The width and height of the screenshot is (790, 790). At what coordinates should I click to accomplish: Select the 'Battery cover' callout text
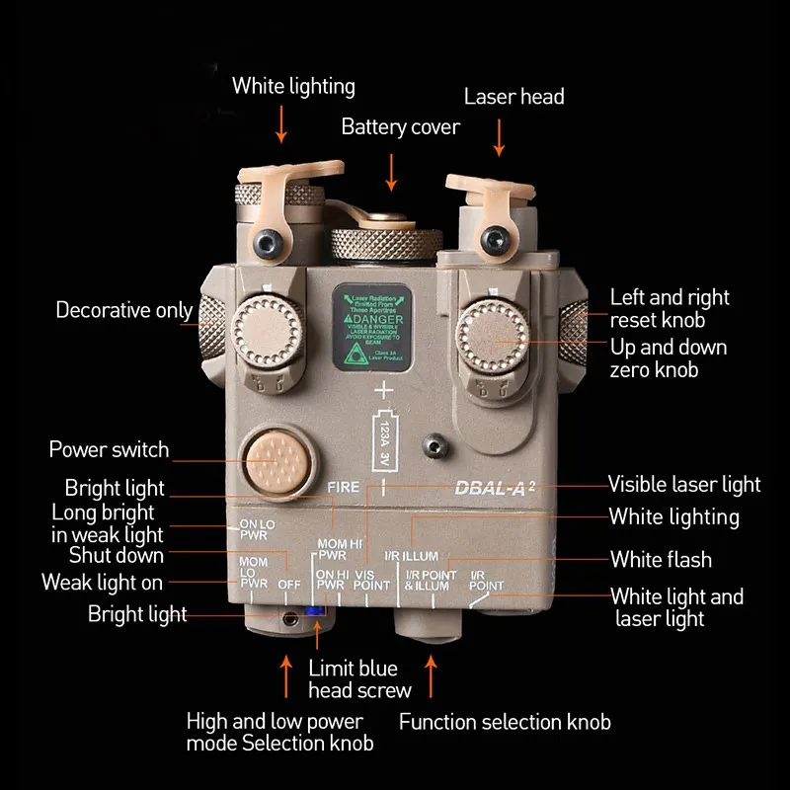pyautogui.click(x=400, y=127)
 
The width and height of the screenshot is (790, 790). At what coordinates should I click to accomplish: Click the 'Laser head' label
pyautogui.click(x=513, y=96)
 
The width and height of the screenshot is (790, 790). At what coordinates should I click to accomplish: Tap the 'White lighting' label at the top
pyautogui.click(x=293, y=86)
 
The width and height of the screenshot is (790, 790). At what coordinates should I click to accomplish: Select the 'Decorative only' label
pyautogui.click(x=123, y=310)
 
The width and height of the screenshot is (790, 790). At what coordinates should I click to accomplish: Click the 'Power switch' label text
pyautogui.click(x=109, y=450)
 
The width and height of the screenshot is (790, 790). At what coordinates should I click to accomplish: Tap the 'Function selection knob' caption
pyautogui.click(x=505, y=722)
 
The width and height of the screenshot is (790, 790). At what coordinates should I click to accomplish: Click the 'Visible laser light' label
pyautogui.click(x=684, y=484)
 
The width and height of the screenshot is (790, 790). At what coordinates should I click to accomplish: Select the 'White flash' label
pyautogui.click(x=661, y=560)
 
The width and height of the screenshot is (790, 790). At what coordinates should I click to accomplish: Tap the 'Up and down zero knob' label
pyautogui.click(x=668, y=358)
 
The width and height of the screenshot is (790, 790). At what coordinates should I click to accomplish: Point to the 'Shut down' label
pyautogui.click(x=117, y=555)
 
